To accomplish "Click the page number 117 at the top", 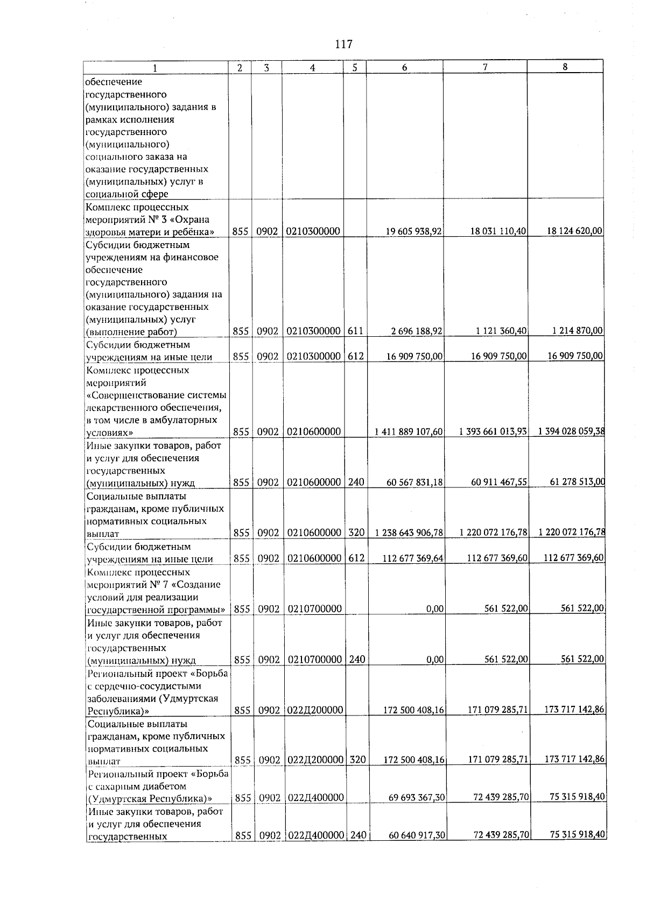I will coord(343,44).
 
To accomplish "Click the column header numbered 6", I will coord(404,67).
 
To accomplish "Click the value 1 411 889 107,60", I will coord(409,432).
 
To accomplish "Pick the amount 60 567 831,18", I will coord(415,483).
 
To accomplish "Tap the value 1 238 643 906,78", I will coord(409,533).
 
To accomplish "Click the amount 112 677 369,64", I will coord(413,558).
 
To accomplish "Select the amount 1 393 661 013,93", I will coord(493,431).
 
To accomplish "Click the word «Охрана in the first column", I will coord(193,219).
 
